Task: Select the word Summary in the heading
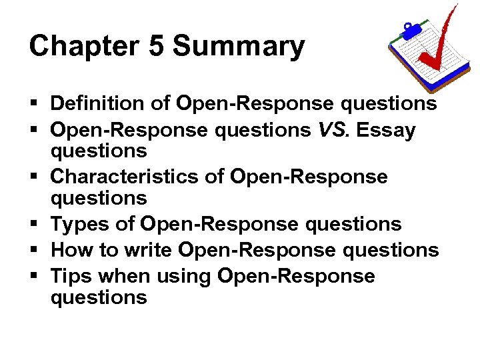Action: (x=239, y=47)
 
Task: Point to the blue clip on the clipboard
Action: (x=410, y=30)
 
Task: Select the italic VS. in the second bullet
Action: (x=334, y=130)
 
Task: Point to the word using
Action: (x=189, y=276)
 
